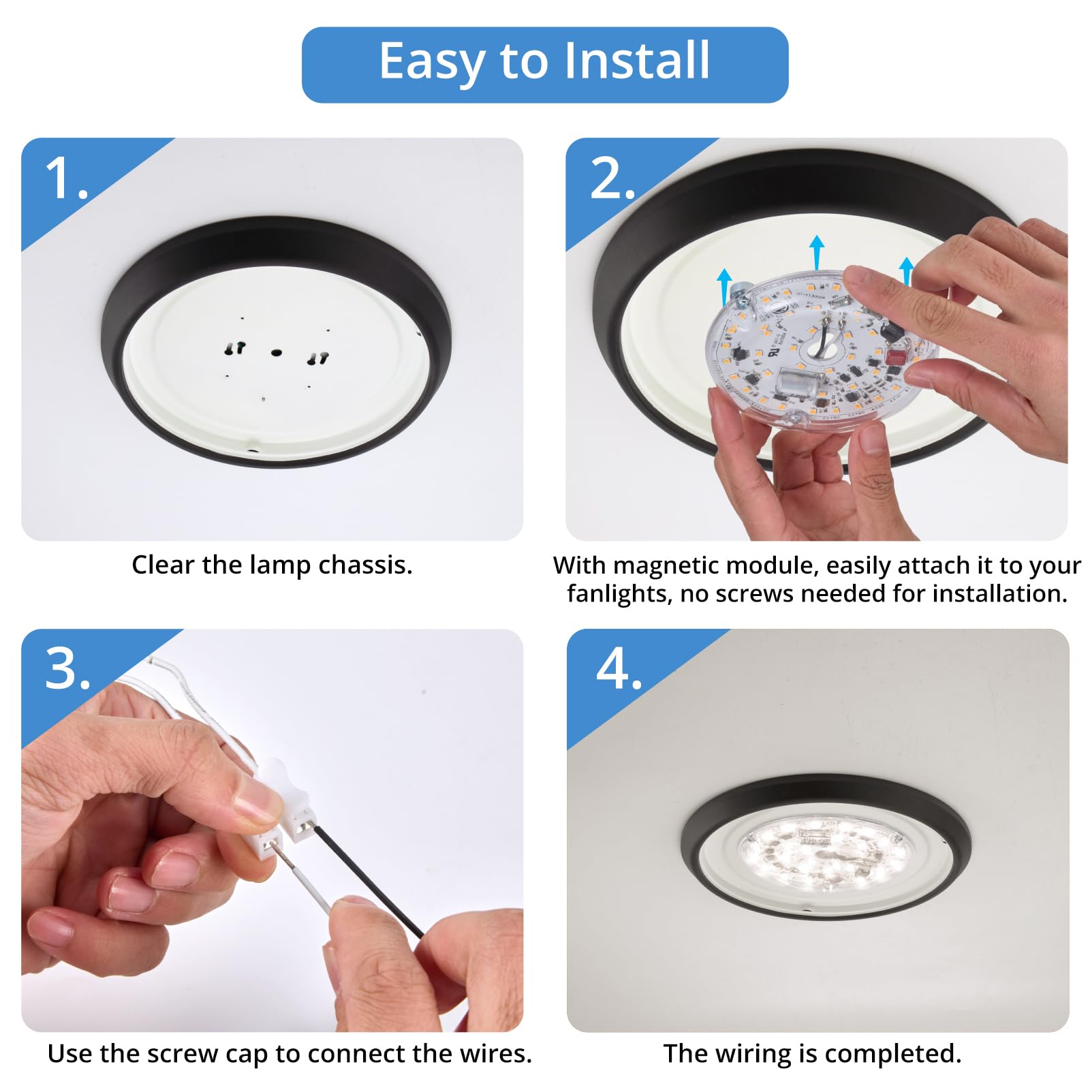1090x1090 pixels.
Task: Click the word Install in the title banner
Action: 638,61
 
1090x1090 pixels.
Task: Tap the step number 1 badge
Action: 66,178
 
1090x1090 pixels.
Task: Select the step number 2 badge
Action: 611,178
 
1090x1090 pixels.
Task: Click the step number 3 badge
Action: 67,669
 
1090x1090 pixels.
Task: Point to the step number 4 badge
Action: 618,669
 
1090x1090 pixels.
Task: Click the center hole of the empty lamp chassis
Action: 276,353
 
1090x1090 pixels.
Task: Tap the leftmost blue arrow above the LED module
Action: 724,286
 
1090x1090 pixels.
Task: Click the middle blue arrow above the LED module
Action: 817,252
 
